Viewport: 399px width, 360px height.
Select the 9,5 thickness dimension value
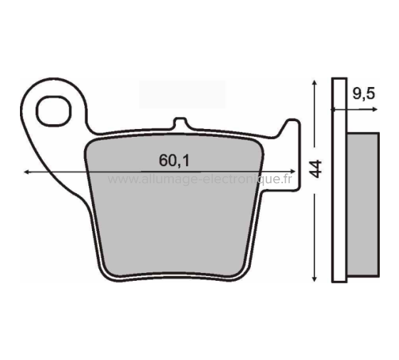363,94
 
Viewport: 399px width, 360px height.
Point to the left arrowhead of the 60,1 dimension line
26,172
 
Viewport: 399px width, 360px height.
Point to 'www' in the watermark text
122,180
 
